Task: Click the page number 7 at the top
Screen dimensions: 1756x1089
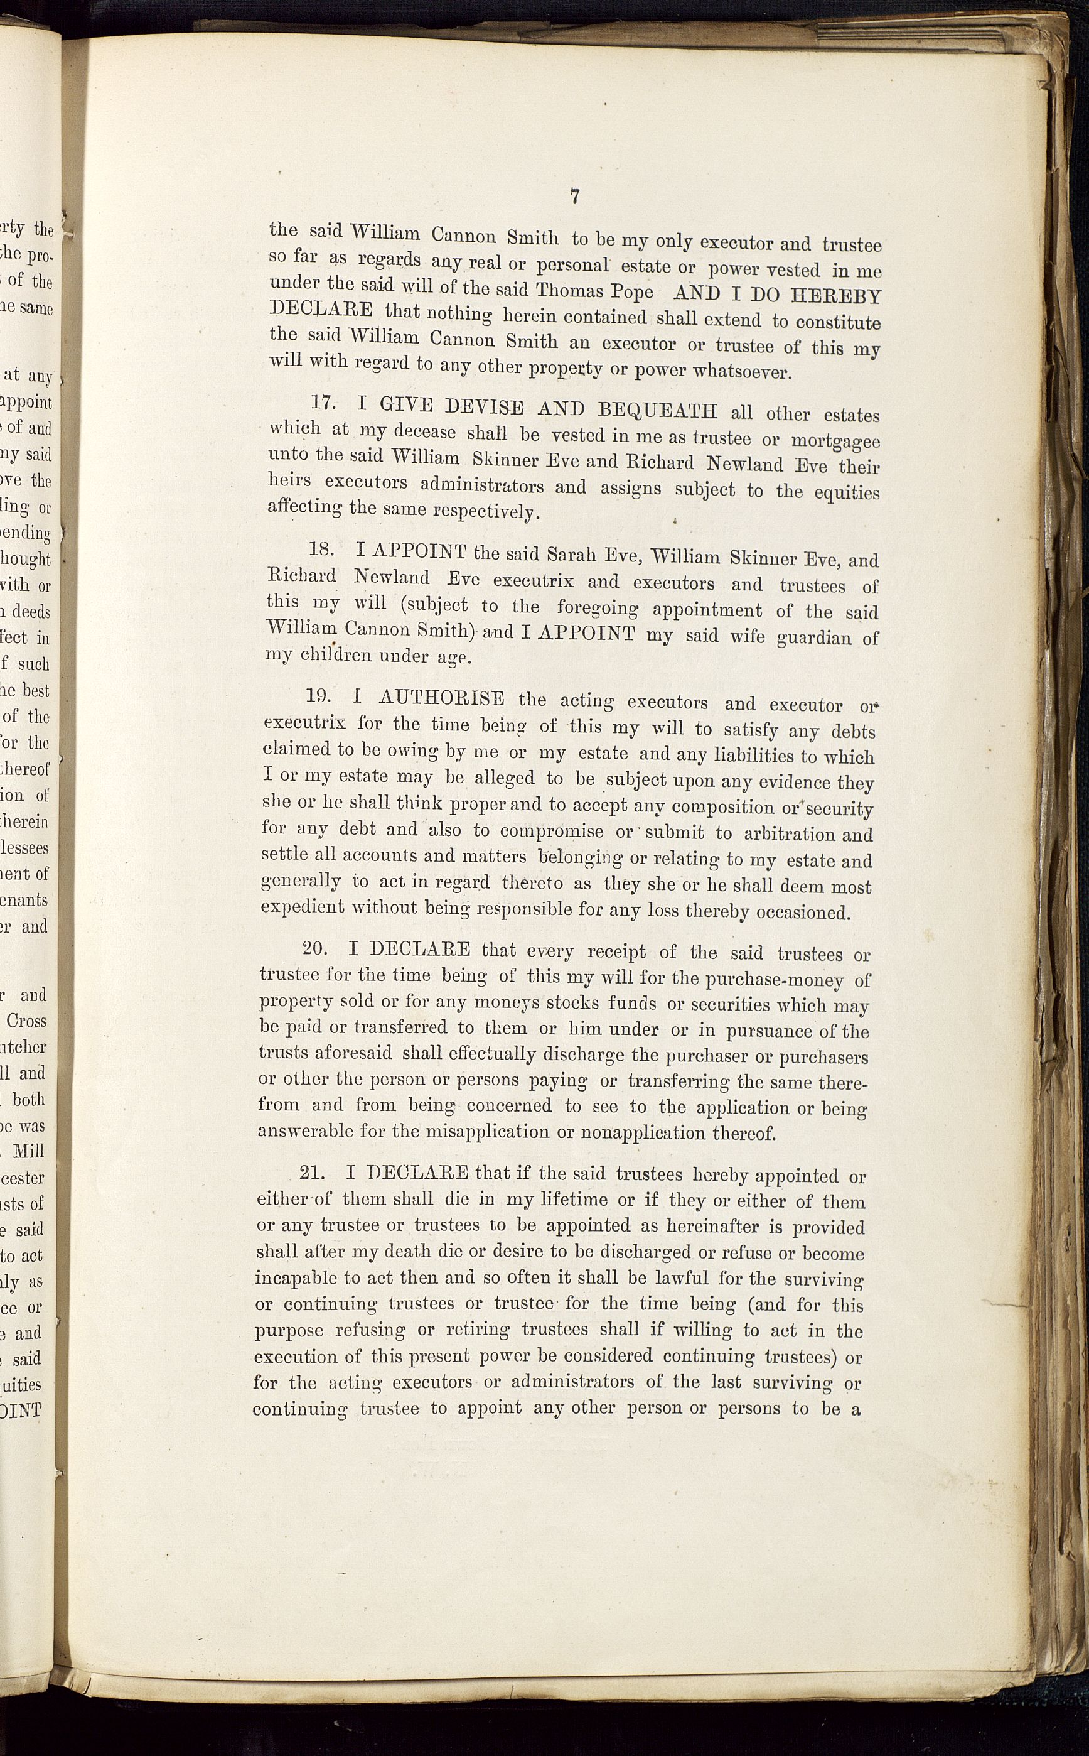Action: [x=575, y=197]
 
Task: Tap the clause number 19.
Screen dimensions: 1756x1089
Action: [x=318, y=696]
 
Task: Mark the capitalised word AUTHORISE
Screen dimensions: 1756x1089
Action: [x=441, y=698]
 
